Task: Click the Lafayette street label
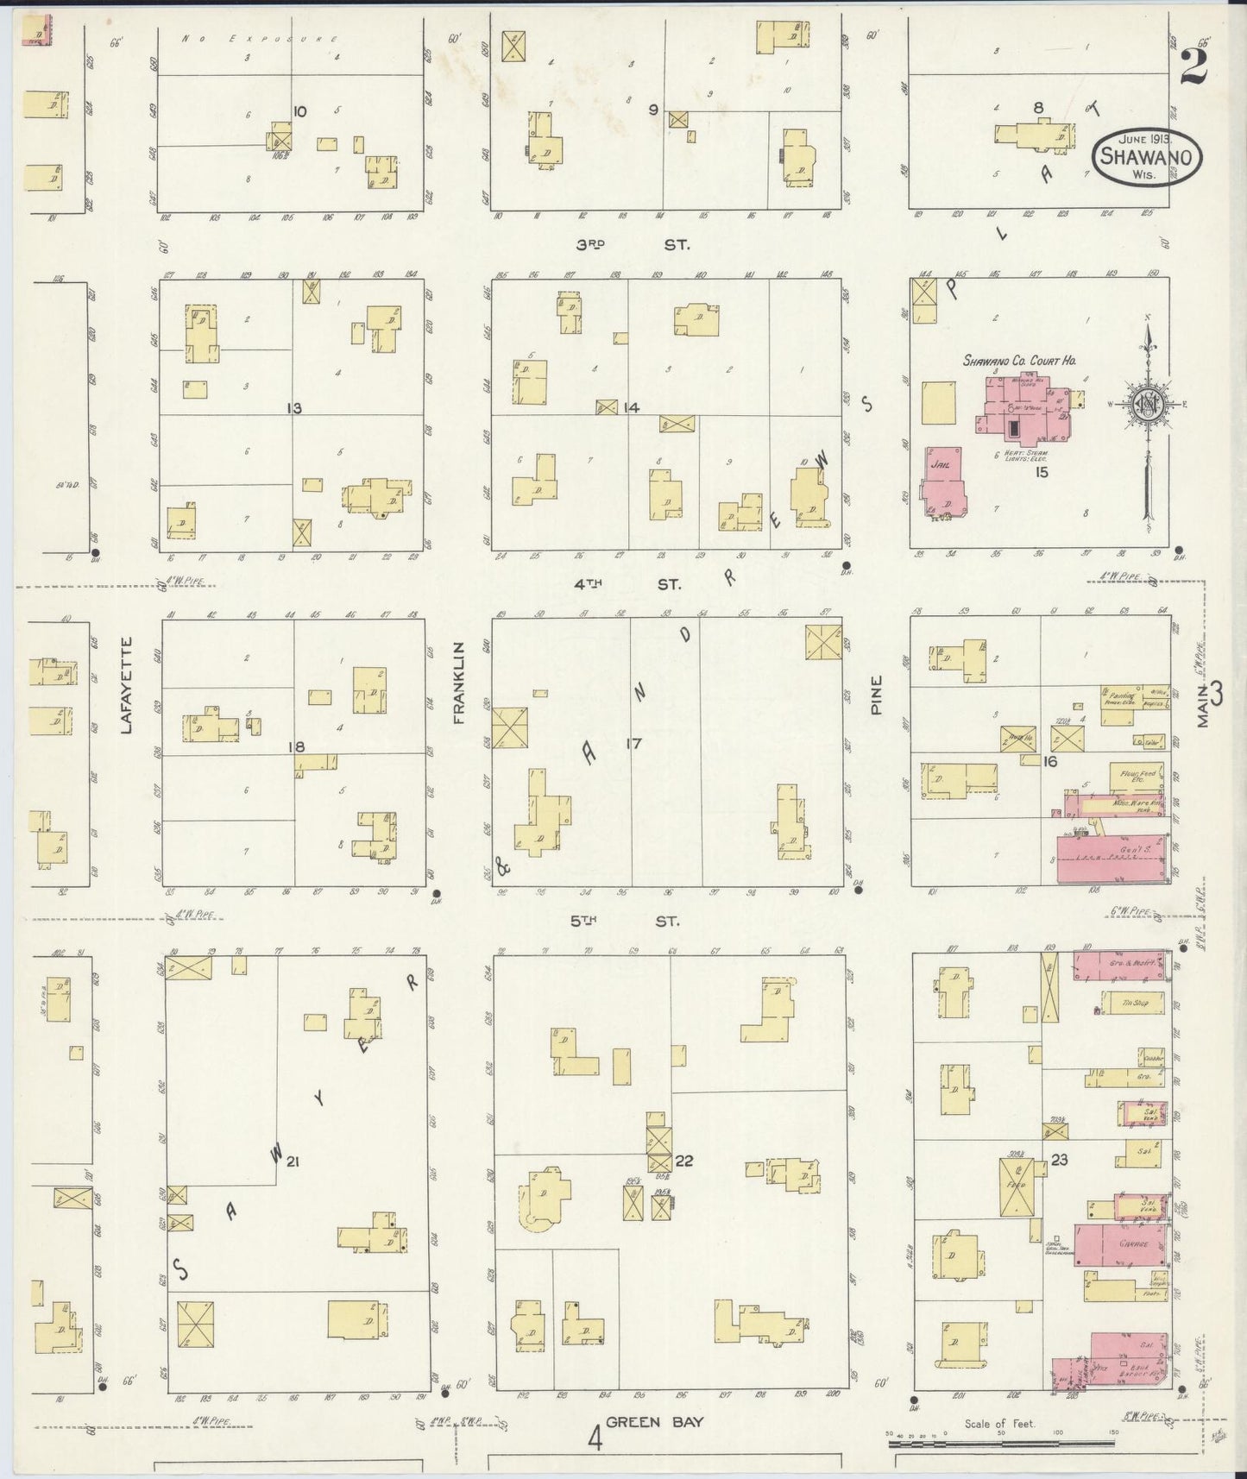pos(127,685)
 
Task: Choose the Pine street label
pos(876,693)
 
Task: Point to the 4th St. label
pos(627,585)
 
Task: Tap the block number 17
pos(634,743)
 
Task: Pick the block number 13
pos(294,408)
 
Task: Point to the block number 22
pos(683,1161)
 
